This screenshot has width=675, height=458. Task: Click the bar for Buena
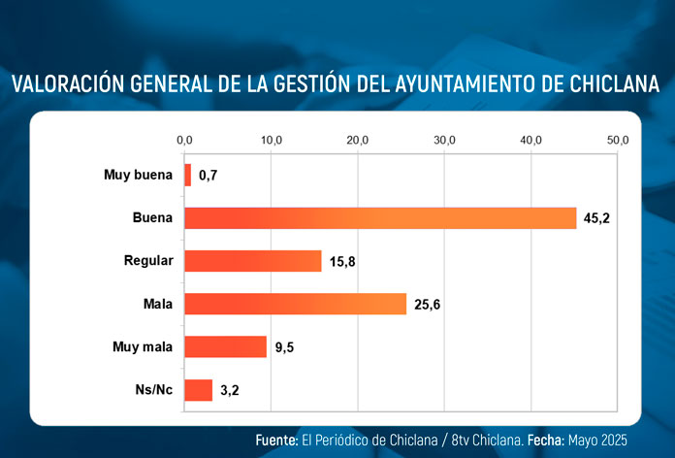point(380,218)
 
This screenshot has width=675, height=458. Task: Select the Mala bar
point(295,304)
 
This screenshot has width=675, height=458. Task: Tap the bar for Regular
point(252,261)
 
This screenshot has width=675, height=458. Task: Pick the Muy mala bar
point(225,346)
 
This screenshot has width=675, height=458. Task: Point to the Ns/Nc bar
point(198,389)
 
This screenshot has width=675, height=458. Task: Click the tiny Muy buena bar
point(187,175)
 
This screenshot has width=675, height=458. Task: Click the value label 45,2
point(596,218)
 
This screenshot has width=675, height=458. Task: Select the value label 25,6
point(427,305)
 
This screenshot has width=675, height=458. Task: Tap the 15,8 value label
point(341,262)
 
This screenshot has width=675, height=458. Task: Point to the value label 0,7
point(208,176)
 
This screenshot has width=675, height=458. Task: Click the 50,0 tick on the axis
point(618,141)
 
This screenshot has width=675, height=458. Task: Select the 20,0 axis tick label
point(358,141)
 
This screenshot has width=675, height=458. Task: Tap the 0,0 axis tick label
point(184,141)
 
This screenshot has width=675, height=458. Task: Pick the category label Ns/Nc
point(153,390)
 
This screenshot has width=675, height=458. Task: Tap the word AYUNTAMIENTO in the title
point(461,84)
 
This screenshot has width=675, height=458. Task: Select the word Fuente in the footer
point(276,440)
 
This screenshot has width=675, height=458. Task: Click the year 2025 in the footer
point(617,440)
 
